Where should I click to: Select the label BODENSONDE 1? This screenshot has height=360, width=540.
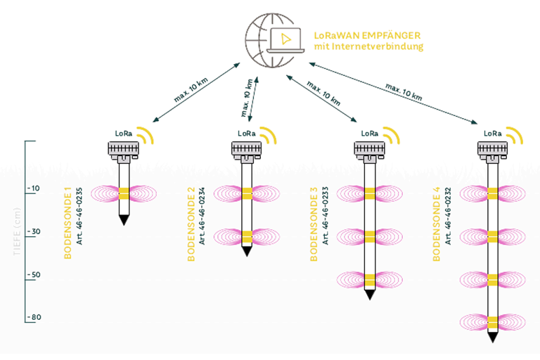68,224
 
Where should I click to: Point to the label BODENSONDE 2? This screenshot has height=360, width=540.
191,224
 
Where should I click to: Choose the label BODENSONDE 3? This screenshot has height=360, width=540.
314,224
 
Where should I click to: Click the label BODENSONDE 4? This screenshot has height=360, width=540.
436,224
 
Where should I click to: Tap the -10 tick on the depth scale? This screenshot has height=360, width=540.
33,188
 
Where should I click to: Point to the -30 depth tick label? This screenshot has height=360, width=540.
33,231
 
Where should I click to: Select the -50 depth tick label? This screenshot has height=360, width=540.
33,274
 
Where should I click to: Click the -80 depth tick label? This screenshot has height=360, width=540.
33,318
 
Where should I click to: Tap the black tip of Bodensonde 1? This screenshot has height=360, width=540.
124,221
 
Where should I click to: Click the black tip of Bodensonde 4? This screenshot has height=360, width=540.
492,337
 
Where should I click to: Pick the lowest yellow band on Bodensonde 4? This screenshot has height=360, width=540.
492,322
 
